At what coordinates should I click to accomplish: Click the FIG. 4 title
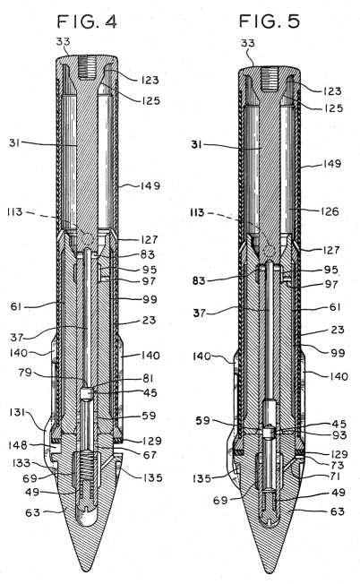(87, 21)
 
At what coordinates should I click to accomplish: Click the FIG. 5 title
(270, 21)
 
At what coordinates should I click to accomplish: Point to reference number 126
(330, 211)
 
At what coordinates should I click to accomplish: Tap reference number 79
(25, 372)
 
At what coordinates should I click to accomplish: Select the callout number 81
(148, 378)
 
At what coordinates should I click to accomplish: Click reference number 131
(17, 412)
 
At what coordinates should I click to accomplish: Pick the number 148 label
(18, 444)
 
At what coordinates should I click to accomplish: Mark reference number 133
(21, 463)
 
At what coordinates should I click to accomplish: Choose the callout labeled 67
(150, 455)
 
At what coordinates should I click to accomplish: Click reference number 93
(339, 434)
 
